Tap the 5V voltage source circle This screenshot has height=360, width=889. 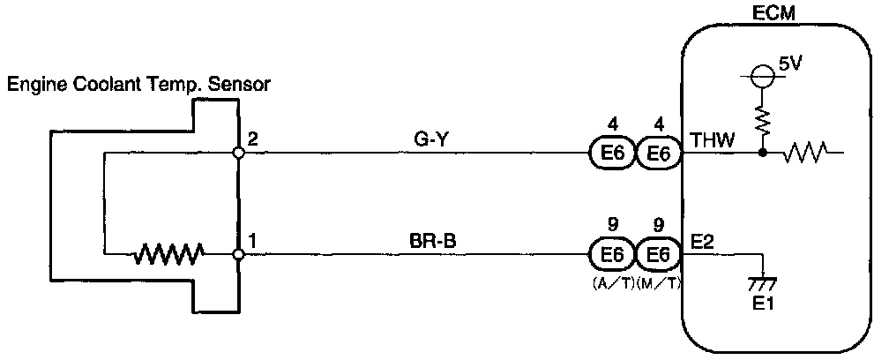[762, 77]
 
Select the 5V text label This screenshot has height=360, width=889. [790, 64]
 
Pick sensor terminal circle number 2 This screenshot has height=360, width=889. [238, 153]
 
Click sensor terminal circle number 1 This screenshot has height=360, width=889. [238, 255]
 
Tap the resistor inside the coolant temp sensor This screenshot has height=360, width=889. [168, 255]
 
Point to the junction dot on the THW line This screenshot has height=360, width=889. [762, 154]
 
